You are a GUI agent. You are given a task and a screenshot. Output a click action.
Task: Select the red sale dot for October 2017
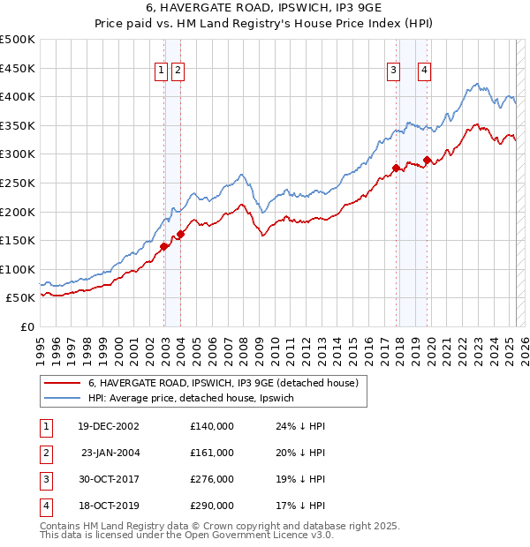[396, 168]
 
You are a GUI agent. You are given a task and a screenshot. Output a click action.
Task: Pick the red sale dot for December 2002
[164, 246]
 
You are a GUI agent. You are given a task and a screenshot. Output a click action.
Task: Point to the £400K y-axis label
[18, 96]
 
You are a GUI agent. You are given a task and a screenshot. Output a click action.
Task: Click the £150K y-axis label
[18, 240]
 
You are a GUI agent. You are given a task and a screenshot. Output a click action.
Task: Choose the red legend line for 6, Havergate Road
[63, 384]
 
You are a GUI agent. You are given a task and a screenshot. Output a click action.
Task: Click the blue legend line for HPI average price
[63, 399]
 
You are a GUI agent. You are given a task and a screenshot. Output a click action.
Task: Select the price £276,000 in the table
[212, 479]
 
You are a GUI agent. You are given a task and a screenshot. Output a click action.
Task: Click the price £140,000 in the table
[212, 426]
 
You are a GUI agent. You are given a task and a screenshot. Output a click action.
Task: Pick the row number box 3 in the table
[45, 479]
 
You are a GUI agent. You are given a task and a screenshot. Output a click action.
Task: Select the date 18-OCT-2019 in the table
[109, 506]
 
